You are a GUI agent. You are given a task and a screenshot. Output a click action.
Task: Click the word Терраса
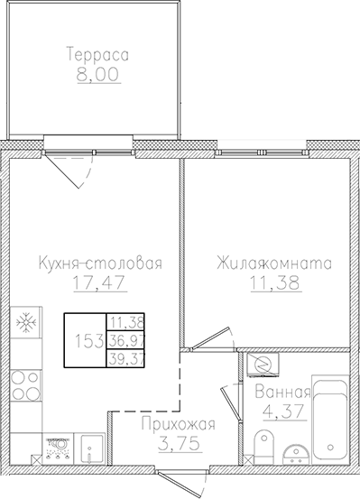(x=97, y=55)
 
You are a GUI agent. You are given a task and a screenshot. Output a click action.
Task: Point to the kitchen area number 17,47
(x=98, y=284)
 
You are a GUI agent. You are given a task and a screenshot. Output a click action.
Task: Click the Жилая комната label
(x=273, y=264)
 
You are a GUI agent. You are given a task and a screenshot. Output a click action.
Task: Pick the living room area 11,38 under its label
(x=273, y=284)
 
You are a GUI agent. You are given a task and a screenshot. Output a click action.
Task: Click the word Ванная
(x=282, y=393)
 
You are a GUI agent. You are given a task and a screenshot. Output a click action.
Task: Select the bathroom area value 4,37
(x=282, y=412)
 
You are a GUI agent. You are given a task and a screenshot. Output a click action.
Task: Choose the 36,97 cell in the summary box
(x=127, y=341)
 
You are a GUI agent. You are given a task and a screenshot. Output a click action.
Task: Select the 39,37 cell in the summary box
(x=127, y=359)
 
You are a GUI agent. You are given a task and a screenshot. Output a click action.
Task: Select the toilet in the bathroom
(x=264, y=444)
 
